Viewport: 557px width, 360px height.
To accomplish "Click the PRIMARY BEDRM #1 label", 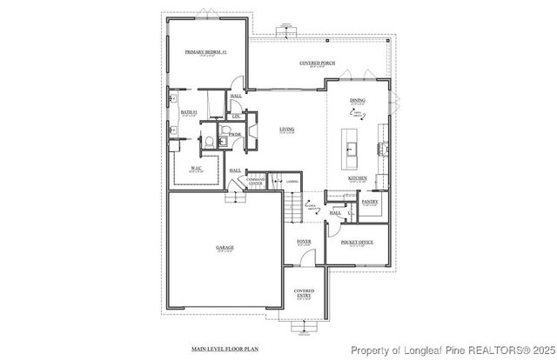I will point(205,52).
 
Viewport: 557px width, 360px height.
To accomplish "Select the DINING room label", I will point(359,100).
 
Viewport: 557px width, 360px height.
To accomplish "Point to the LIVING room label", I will point(286,130).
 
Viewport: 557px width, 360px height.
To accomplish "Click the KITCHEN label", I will point(358,177).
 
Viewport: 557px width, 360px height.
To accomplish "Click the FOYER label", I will point(304,241).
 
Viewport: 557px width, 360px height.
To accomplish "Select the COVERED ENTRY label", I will point(304,293).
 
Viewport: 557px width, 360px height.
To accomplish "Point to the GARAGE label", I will point(225,247).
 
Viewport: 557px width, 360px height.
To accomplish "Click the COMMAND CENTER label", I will point(255,182).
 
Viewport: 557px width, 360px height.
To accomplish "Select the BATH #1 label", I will point(189,111).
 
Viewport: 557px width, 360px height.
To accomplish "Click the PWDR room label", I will point(235,135).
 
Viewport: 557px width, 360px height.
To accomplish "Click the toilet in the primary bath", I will point(208,141).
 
